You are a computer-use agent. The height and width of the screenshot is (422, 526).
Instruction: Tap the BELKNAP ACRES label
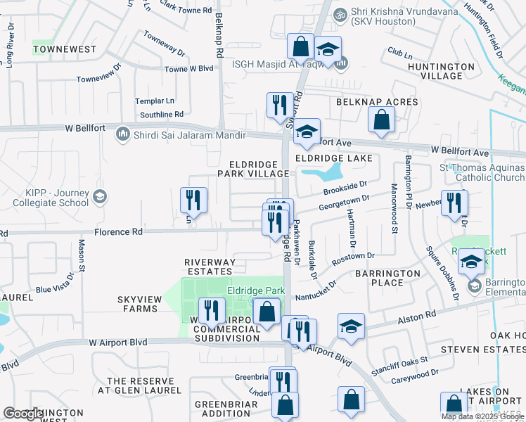(377, 102)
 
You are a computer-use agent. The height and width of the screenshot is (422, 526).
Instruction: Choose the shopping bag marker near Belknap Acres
(381, 120)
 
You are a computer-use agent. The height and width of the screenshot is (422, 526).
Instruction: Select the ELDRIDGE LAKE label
(333, 159)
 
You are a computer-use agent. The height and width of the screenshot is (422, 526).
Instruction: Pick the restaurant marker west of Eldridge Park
(211, 309)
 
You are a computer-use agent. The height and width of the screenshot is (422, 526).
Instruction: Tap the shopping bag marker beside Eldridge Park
(267, 311)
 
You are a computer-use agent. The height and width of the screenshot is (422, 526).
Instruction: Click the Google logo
(23, 414)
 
